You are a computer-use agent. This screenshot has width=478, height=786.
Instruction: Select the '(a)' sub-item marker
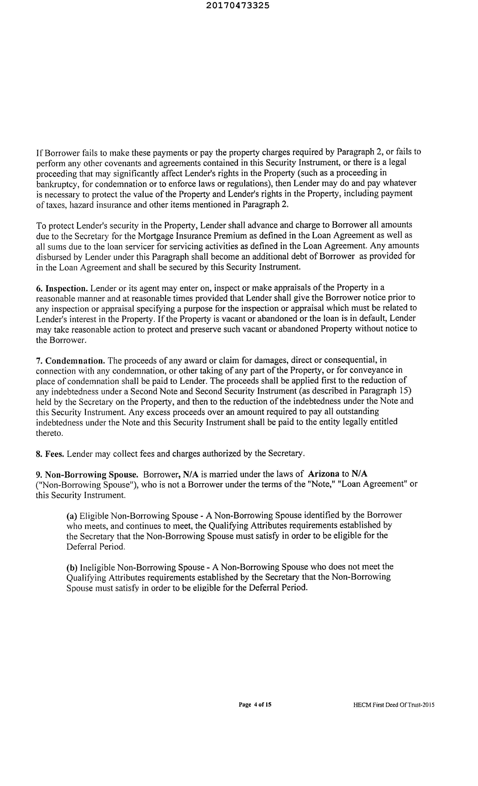point(72,516)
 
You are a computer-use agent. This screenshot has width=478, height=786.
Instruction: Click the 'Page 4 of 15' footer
point(255,705)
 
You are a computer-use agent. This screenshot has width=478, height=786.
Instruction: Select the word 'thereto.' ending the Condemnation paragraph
point(49,433)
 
